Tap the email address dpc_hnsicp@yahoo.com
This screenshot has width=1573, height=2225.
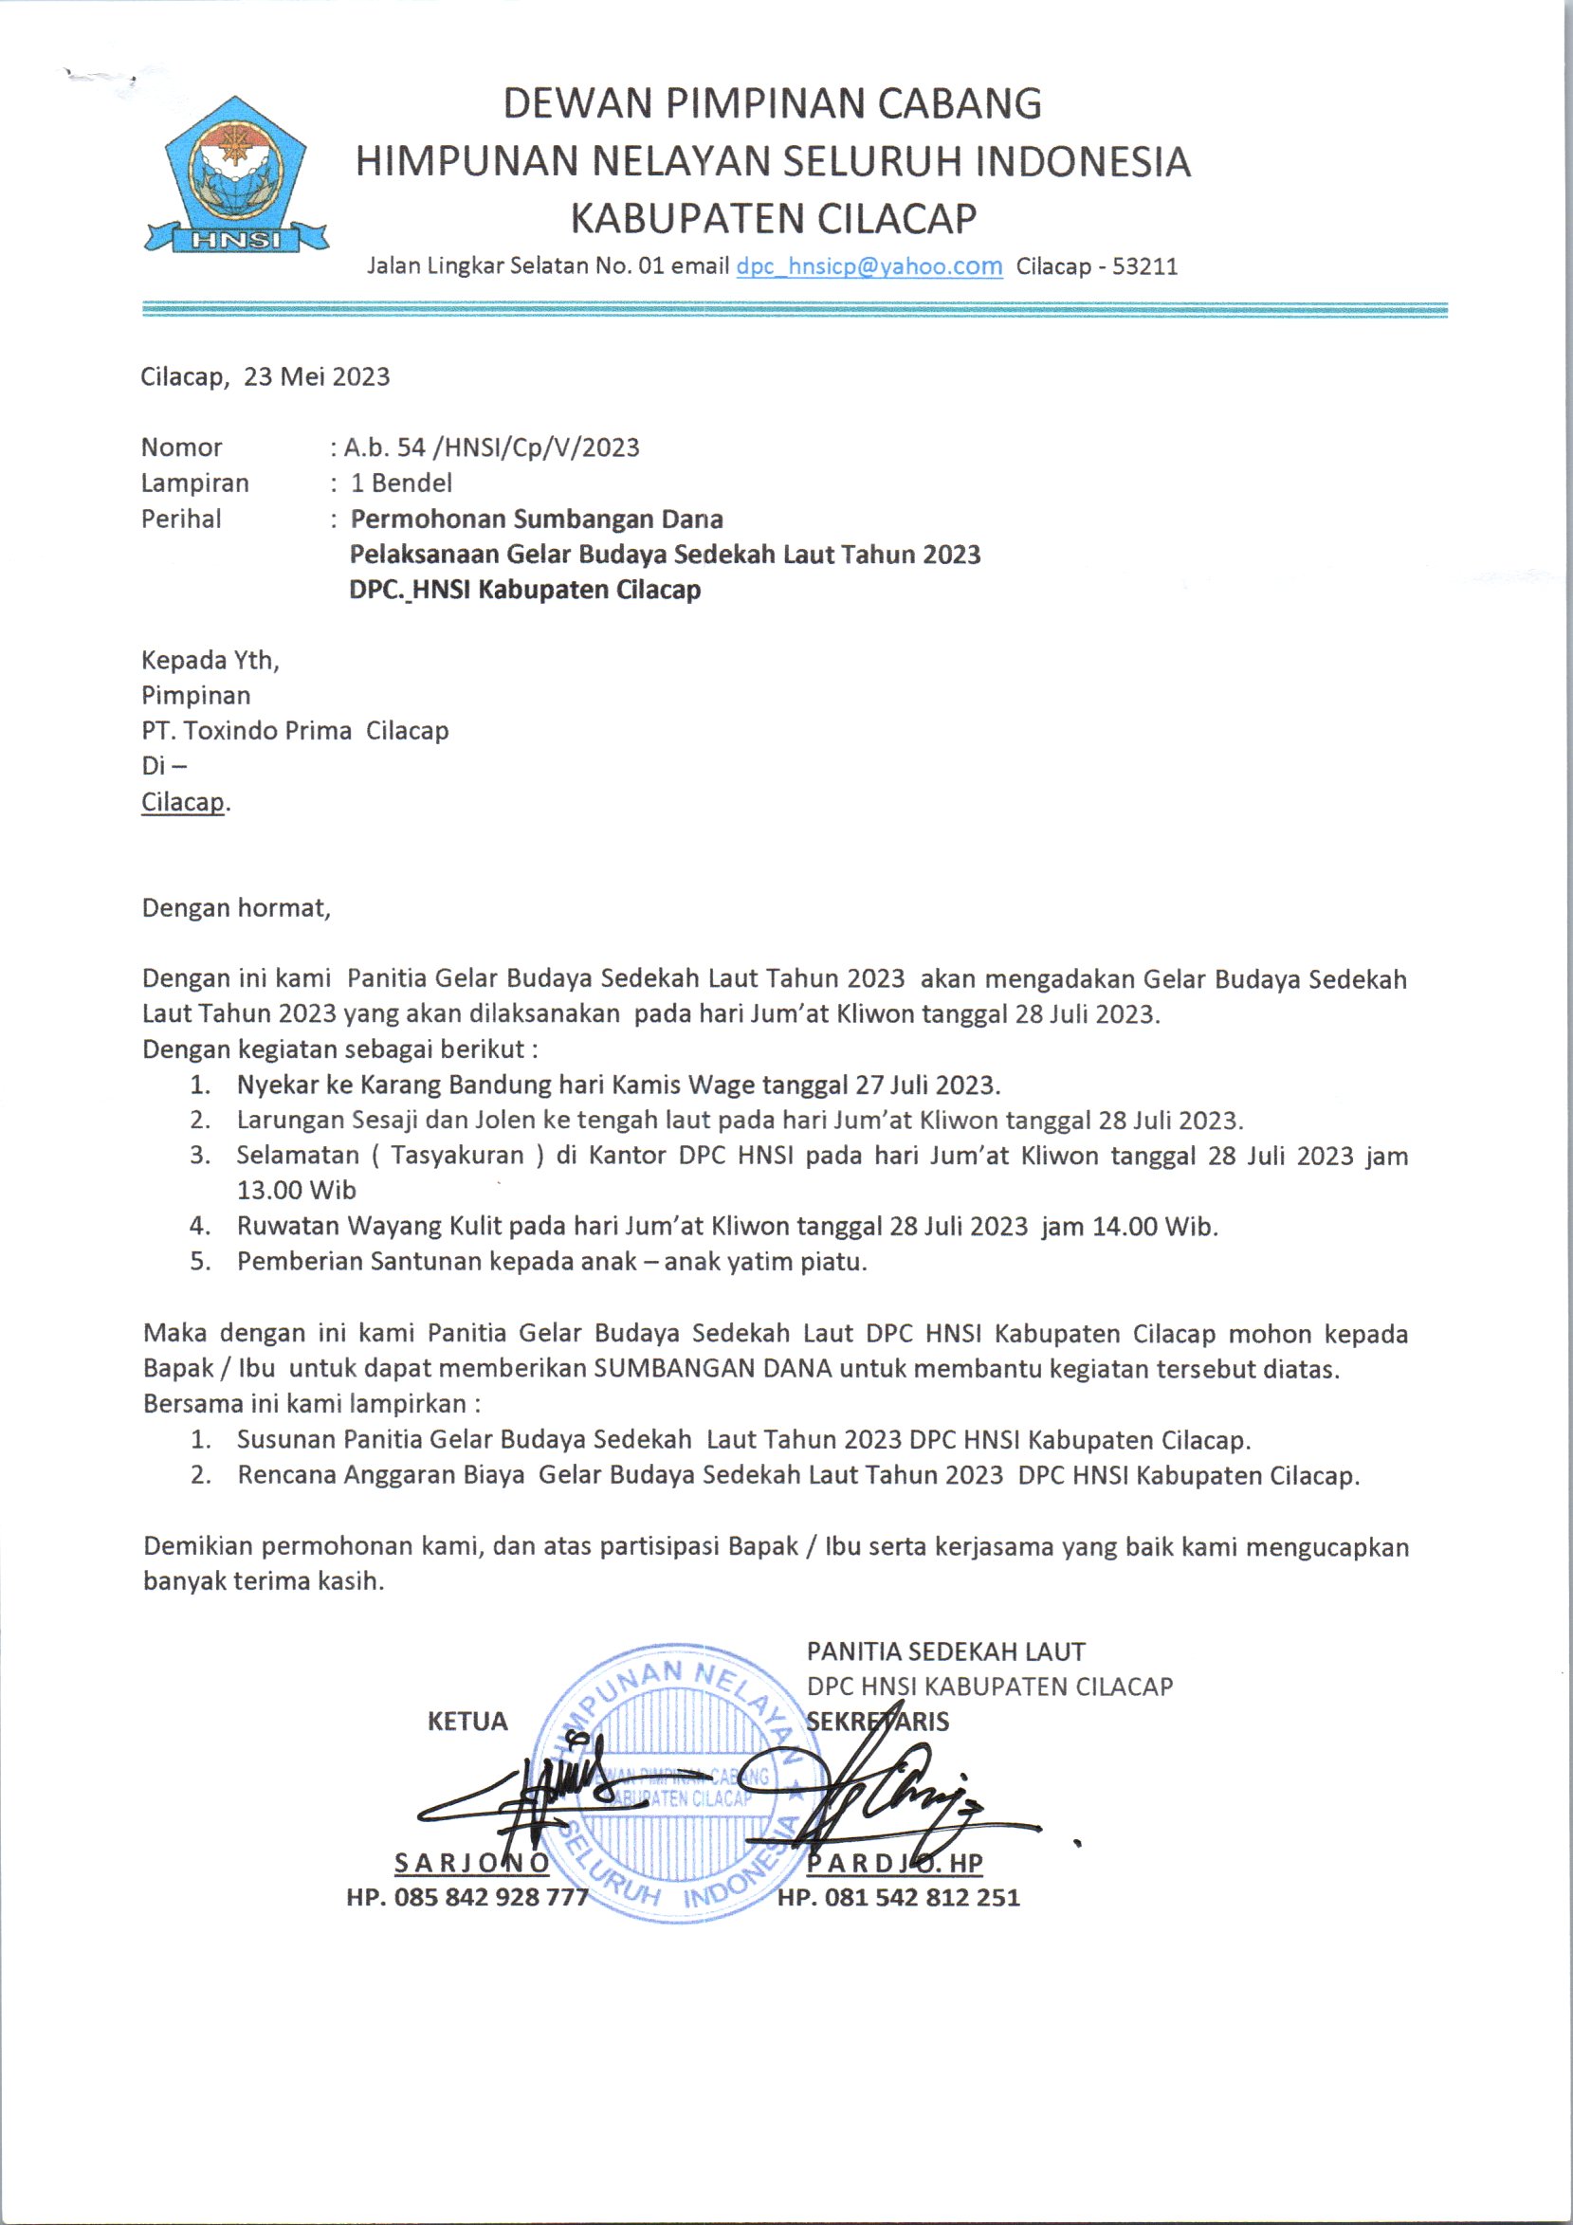(x=869, y=266)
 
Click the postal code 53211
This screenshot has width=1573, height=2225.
(x=1144, y=266)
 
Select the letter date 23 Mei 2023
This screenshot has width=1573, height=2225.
(x=316, y=377)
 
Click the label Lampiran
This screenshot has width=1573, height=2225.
(x=194, y=483)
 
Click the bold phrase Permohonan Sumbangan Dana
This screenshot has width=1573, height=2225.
(x=536, y=520)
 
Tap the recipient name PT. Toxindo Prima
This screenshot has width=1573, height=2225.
(x=247, y=731)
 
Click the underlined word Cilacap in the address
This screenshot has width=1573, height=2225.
(x=182, y=802)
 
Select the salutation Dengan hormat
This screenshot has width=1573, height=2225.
(x=235, y=908)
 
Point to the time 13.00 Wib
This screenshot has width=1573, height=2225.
(x=297, y=1190)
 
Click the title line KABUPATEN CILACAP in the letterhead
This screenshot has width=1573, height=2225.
(x=773, y=218)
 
